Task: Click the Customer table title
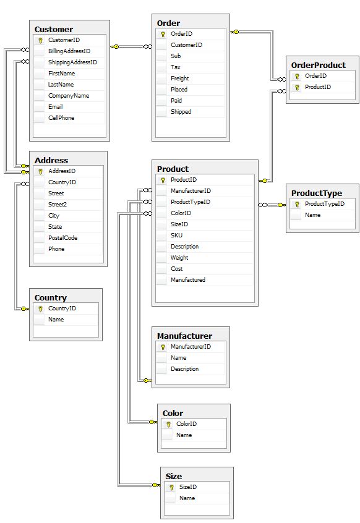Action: (54, 29)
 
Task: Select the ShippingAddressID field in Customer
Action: (72, 62)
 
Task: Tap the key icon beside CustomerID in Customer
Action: (40, 40)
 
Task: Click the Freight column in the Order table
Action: (180, 79)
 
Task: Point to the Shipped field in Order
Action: (181, 112)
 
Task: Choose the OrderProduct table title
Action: (319, 65)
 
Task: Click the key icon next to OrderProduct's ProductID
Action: (297, 87)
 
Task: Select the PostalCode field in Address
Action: (62, 238)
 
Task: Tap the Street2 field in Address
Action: (58, 205)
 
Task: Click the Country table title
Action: (51, 297)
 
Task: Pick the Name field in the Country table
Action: (56, 320)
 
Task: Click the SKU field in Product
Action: (176, 236)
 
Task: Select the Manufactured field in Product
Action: (188, 280)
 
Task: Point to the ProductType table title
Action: (317, 193)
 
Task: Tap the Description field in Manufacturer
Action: (184, 369)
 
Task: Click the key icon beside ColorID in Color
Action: (168, 424)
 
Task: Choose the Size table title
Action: (174, 476)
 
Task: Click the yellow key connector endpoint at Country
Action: (25, 309)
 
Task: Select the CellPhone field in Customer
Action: (61, 118)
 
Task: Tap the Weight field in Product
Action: (179, 258)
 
